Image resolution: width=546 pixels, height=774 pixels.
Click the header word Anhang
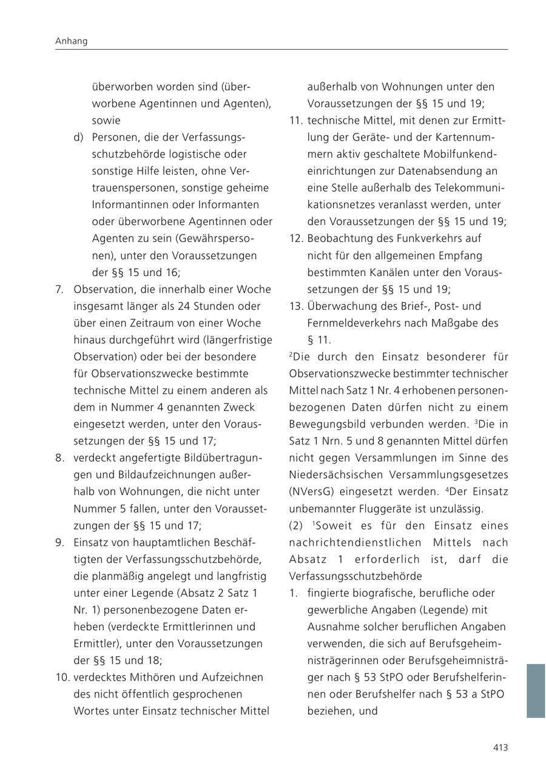point(71,41)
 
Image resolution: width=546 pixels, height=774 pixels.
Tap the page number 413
point(500,747)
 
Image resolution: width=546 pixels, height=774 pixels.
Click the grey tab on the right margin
point(535,690)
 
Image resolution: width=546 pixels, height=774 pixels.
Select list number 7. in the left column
point(59,289)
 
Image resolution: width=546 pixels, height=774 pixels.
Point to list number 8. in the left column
point(59,457)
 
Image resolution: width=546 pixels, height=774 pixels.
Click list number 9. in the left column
point(59,542)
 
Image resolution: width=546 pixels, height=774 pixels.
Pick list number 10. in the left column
point(62,677)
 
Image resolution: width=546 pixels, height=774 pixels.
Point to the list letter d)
point(78,138)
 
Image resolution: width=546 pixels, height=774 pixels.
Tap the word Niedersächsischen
point(334,474)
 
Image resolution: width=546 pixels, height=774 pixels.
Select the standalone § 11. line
point(319,340)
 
